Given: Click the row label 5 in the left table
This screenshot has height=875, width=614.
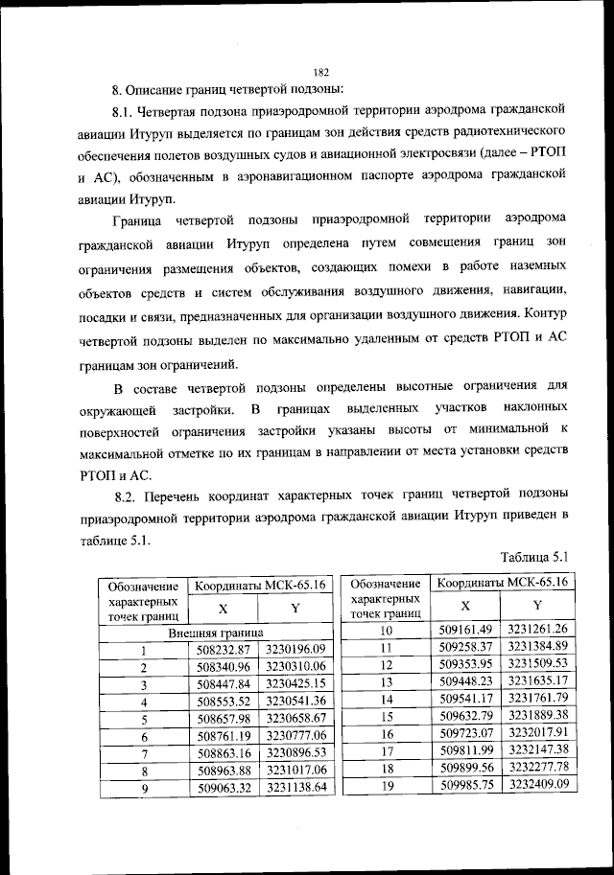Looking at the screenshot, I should [142, 718].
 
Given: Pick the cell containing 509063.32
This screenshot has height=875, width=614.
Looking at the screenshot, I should [223, 787].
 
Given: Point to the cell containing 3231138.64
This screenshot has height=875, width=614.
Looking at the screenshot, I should [296, 787].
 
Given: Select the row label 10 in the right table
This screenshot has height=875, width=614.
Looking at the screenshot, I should [386, 630].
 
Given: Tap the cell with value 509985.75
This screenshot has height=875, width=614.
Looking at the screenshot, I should [465, 784].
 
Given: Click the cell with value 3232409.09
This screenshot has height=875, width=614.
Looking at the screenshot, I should [539, 784].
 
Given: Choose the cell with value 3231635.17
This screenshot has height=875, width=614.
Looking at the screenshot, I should [539, 681].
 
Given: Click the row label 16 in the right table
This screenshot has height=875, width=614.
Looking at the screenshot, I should [386, 733].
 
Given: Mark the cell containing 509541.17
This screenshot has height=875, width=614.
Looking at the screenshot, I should [465, 699].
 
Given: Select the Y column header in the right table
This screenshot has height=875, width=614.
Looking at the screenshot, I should [538, 605].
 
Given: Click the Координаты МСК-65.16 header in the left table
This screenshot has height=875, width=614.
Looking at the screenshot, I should [259, 584].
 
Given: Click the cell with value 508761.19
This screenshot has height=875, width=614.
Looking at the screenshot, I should [223, 735].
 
